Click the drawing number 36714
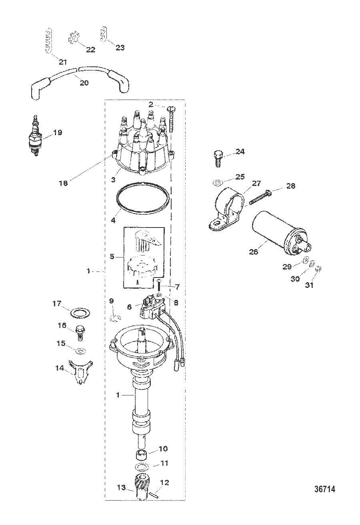(x=324, y=489)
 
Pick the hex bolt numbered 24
(x=218, y=158)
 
